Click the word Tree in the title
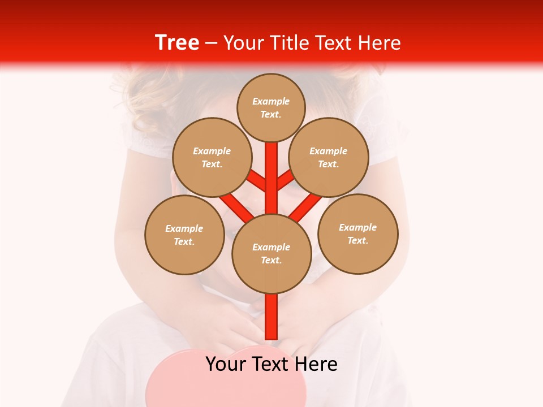pos(177,43)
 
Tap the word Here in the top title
pos(378,43)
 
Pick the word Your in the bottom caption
pos(226,364)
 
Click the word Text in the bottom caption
pos(271,364)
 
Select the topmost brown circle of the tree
pos(271,107)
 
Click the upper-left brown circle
pos(212,157)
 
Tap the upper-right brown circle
pos(329,157)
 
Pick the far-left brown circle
pos(184,235)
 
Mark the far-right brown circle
pos(358,233)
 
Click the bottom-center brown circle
pos(271,253)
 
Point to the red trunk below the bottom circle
pos(271,317)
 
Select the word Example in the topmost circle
pos(271,101)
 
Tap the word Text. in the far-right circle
pos(357,240)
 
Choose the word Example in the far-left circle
pos(184,228)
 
